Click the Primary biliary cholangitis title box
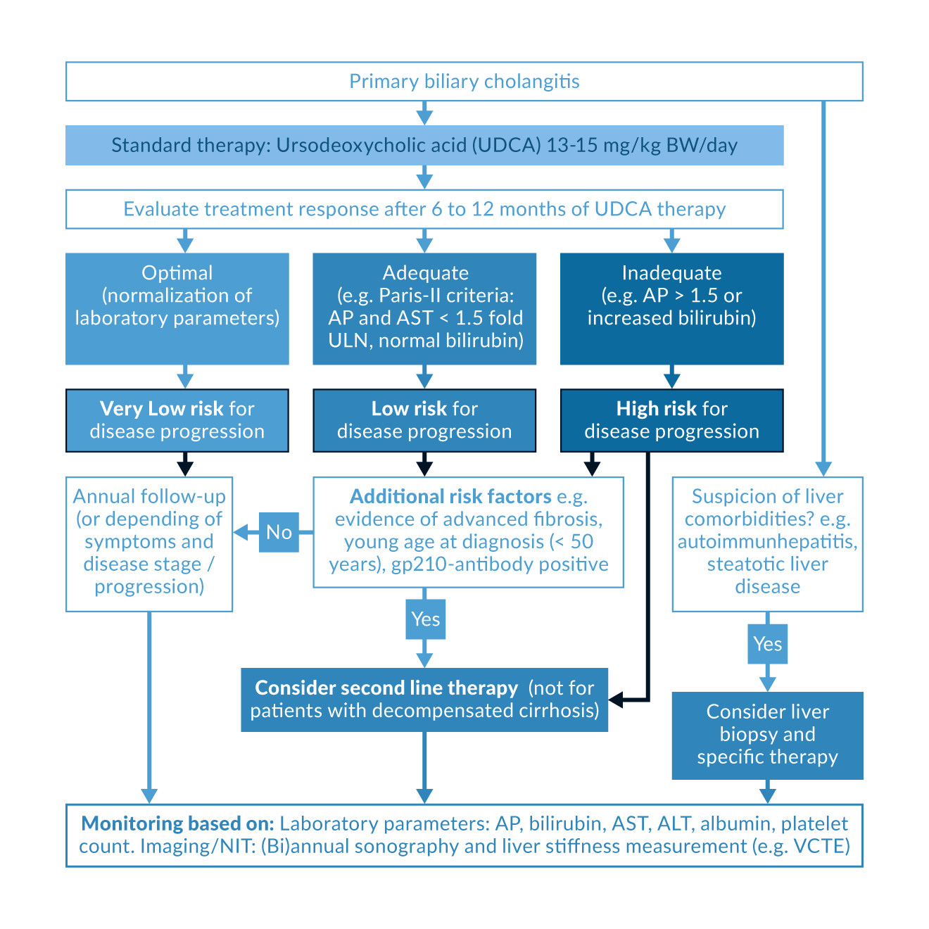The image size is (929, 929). tap(464, 82)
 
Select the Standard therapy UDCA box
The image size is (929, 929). tap(424, 146)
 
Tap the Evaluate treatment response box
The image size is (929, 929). tap(424, 209)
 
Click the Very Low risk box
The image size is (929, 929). tap(177, 420)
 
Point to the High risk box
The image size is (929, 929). tap(671, 420)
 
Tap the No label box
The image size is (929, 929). tap(279, 532)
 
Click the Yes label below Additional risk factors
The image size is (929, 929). tap(426, 619)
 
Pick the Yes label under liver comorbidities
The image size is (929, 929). tap(767, 644)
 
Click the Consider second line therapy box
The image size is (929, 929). tap(424, 700)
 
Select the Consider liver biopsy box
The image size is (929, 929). tap(767, 735)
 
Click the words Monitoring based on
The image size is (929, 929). tap(177, 823)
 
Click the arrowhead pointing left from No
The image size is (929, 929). tap(240, 532)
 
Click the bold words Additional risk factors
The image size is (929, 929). tap(450, 497)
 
